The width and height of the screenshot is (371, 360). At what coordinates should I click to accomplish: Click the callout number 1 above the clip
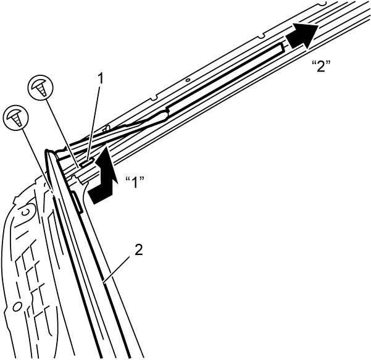point(101,78)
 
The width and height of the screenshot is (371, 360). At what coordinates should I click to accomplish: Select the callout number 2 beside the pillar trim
point(139,250)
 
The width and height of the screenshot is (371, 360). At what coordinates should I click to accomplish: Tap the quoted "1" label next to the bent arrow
point(135,182)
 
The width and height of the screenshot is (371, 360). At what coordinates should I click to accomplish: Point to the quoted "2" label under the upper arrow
point(321,67)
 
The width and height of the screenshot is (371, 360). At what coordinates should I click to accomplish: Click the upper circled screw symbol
point(41,87)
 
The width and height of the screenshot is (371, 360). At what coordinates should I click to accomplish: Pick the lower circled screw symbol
point(16,117)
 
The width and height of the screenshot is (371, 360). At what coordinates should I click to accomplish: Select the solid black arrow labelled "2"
point(302,36)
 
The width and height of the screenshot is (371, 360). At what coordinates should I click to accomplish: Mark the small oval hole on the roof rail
point(188,80)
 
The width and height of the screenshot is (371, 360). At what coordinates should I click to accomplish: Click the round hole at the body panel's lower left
point(16,308)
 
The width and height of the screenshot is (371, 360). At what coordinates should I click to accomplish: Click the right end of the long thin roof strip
point(283,47)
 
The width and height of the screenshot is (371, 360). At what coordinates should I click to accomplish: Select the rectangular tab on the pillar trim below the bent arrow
point(77,203)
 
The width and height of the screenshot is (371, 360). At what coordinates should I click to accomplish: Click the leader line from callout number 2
point(117,269)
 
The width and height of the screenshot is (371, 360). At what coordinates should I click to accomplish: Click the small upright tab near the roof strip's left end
point(106,128)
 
